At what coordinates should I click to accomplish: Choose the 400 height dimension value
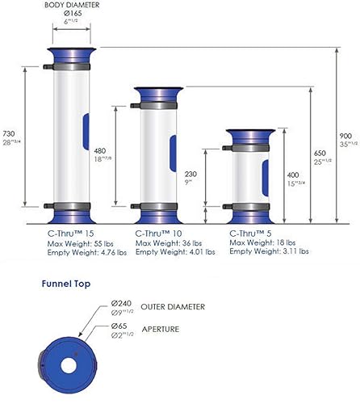[292, 173]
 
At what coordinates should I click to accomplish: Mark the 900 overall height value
[345, 136]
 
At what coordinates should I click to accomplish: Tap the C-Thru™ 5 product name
[250, 233]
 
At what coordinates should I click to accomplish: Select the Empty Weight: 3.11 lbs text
[269, 252]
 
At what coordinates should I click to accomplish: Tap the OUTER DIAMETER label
[184, 307]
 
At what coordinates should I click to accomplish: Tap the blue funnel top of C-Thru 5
[245, 134]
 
